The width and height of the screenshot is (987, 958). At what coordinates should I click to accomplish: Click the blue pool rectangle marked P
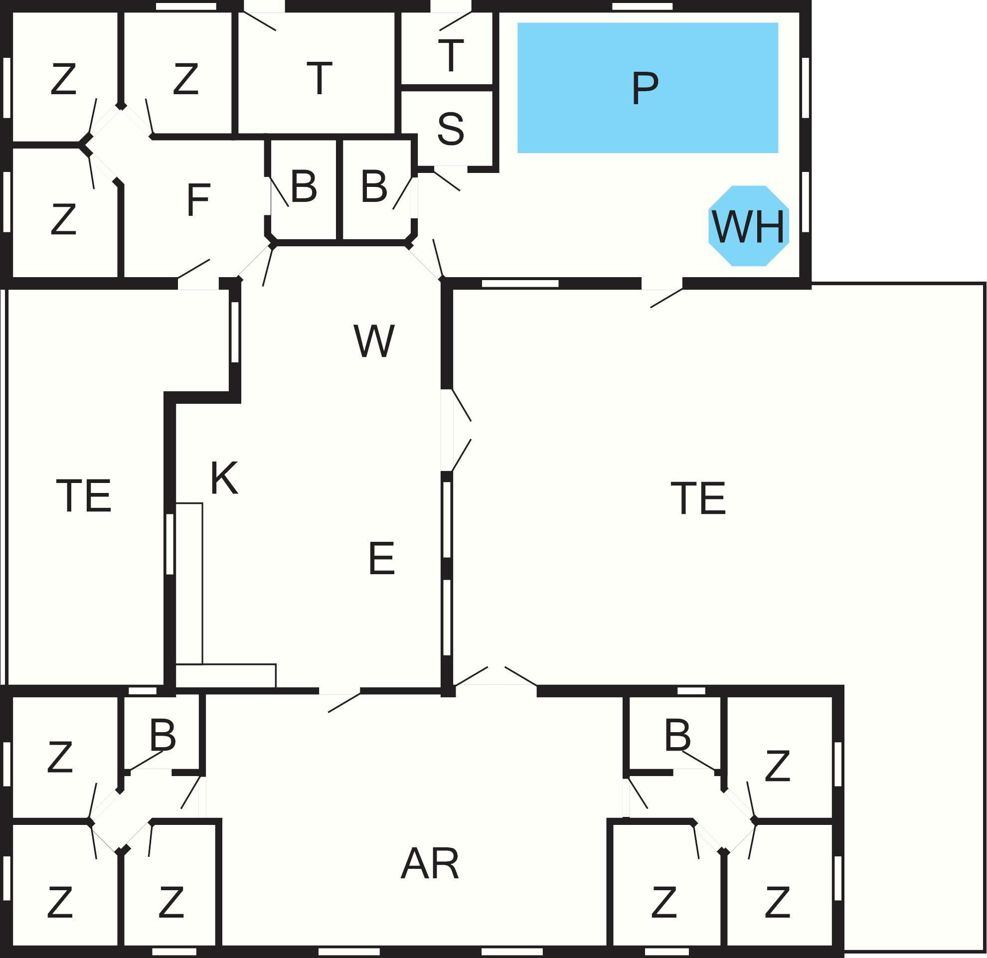pos(647,88)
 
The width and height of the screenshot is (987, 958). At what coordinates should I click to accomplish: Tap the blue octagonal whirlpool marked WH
pos(748,226)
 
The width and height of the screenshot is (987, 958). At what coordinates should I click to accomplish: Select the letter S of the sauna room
pos(450,129)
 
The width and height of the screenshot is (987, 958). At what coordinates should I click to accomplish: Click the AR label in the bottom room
pos(430,864)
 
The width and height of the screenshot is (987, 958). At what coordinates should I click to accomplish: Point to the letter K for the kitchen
pos(224,478)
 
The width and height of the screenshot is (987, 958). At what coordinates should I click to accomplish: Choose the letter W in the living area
pos(374,341)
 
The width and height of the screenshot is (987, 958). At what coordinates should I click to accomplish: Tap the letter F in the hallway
pos(198,200)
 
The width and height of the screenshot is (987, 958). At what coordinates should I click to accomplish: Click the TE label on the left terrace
pos(84,496)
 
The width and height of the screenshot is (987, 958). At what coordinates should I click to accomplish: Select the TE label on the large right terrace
pos(698,498)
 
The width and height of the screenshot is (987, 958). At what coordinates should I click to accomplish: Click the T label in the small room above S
pos(450,55)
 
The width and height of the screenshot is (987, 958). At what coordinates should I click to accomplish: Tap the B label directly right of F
pos(304,186)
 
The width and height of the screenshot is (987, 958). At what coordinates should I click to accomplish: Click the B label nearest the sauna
pos(374,186)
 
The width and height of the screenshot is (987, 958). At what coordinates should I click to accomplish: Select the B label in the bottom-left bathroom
pos(162,735)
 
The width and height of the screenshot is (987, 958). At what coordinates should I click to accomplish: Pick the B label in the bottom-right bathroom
pos(677,735)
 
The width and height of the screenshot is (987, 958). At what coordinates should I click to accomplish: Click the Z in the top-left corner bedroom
pos(63,79)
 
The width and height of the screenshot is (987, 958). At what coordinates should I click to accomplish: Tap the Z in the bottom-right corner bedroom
pos(777,903)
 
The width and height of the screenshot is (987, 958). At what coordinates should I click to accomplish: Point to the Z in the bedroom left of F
pos(63,219)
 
